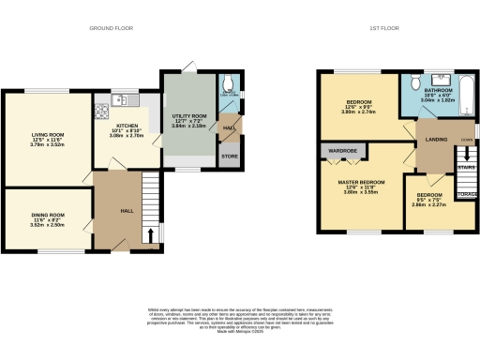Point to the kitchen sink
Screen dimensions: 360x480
click(x=122, y=98)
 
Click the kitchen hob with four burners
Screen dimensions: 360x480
click(x=100, y=112)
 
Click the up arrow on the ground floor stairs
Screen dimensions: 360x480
click(x=148, y=233)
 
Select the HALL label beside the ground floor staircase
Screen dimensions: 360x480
click(x=125, y=211)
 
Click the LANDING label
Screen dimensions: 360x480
click(x=436, y=140)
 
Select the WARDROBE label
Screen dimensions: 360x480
click(x=340, y=149)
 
